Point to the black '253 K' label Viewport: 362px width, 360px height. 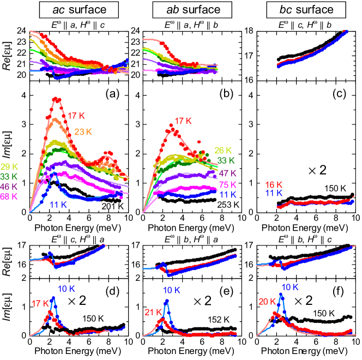click(x=225, y=205)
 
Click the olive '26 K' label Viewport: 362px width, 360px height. click(x=224, y=151)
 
